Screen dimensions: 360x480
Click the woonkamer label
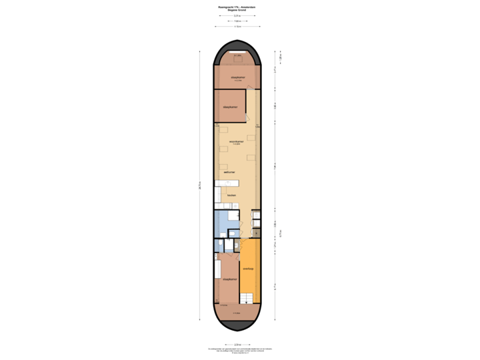tap(235, 141)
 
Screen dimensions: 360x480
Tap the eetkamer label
tap(229, 172)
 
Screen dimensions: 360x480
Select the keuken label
tap(231, 195)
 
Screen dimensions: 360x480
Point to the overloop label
tap(248, 269)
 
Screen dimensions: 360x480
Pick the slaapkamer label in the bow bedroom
tap(237, 79)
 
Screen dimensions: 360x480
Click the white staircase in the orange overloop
tap(248, 300)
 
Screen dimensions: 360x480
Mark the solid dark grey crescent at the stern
tap(237, 325)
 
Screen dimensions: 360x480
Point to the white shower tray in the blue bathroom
tap(232, 215)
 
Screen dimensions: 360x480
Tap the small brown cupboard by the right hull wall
tap(257, 231)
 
